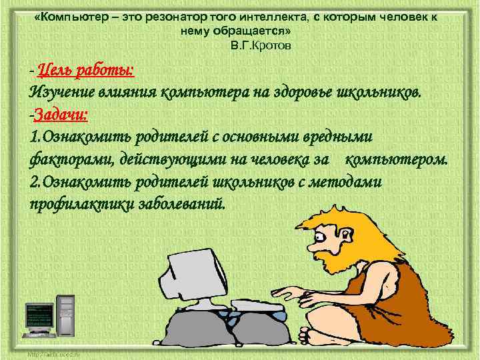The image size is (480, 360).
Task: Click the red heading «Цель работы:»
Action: pyautogui.click(x=86, y=70)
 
